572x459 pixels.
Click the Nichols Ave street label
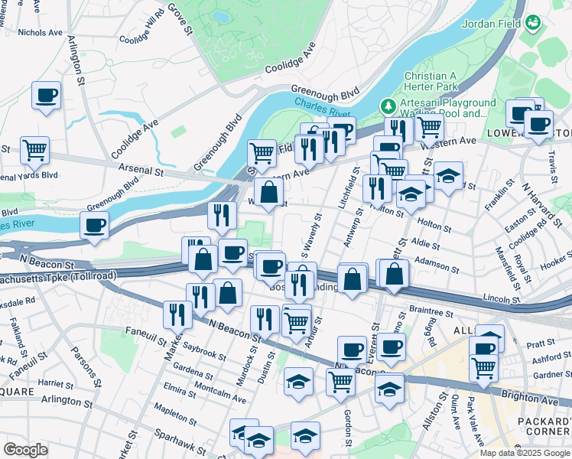[x=40, y=33]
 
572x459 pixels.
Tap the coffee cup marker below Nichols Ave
[x=47, y=96]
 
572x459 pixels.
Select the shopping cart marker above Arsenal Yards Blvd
[x=35, y=150]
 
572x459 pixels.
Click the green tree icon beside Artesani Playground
[x=389, y=104]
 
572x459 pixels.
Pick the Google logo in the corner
[x=25, y=450]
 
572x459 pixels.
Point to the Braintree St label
[x=431, y=311]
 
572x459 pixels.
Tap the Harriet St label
[x=54, y=382]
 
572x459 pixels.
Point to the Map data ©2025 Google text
[x=523, y=453]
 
